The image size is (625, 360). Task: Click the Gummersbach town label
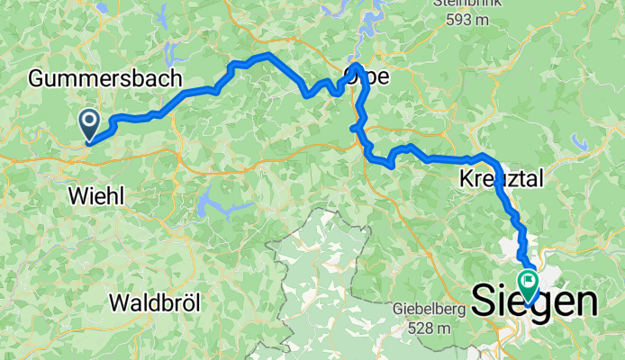point(105,79)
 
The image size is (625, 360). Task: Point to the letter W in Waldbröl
point(118,302)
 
